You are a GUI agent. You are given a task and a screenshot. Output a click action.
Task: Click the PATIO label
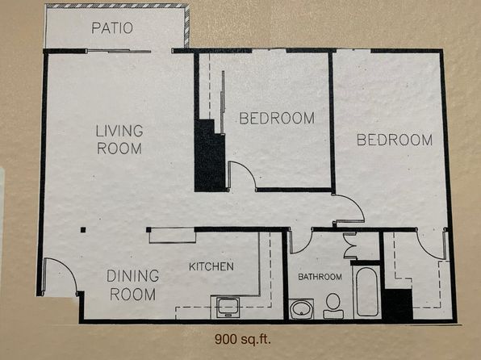pyautogui.click(x=112, y=28)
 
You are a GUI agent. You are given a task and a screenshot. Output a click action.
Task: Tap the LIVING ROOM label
pyautogui.click(x=119, y=140)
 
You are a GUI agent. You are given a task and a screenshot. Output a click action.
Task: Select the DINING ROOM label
pyautogui.click(x=132, y=285)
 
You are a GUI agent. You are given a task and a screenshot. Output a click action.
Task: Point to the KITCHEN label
pyautogui.click(x=211, y=266)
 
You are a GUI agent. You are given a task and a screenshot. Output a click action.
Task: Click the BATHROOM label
pyautogui.click(x=320, y=277)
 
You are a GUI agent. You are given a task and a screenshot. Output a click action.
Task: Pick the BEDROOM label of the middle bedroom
pyautogui.click(x=277, y=118)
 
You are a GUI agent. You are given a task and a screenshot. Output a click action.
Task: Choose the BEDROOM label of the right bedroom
pyautogui.click(x=395, y=140)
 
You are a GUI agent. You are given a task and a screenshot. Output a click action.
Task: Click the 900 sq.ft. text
pyautogui.click(x=243, y=340)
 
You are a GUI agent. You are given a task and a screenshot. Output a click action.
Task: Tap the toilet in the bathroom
pyautogui.click(x=333, y=306)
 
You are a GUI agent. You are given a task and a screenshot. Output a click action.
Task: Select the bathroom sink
pyautogui.click(x=302, y=309)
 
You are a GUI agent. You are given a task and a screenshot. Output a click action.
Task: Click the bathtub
pyautogui.click(x=367, y=291)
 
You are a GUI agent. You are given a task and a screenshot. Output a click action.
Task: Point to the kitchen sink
pyautogui.click(x=228, y=308)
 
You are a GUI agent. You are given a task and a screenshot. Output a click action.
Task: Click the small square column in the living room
pyautogui.click(x=83, y=229)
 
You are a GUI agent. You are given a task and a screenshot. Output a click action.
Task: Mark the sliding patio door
pyautogui.click(x=119, y=51)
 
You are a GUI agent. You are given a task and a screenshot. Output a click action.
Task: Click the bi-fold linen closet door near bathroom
pyautogui.click(x=350, y=245)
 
